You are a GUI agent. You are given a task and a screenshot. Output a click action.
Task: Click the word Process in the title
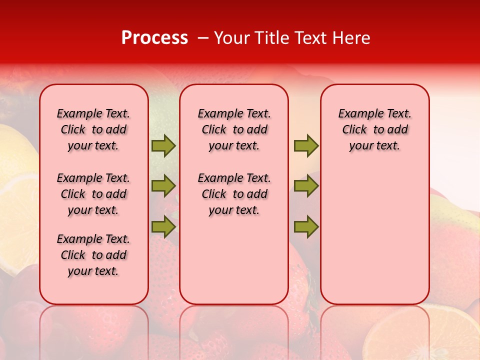(154, 38)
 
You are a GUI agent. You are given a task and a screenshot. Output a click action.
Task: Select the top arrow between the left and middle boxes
(163, 145)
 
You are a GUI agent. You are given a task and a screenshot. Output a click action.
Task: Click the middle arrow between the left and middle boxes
(163, 186)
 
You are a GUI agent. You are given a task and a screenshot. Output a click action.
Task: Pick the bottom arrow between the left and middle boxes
(163, 227)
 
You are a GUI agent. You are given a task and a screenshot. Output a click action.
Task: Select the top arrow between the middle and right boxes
(306, 145)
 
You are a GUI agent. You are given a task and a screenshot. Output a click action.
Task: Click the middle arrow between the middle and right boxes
(306, 186)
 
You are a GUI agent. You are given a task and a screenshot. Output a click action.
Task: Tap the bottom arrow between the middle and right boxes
(306, 227)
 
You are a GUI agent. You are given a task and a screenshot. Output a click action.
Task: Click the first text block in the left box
(93, 129)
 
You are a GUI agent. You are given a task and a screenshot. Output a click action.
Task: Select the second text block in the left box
(93, 194)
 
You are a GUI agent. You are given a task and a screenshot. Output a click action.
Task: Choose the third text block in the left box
(93, 255)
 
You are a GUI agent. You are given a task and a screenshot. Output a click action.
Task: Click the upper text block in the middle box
(234, 129)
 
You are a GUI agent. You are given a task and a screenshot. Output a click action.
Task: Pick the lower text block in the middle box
(234, 194)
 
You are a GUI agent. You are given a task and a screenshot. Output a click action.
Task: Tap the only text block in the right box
(374, 129)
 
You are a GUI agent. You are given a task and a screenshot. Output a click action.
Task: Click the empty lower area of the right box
(374, 235)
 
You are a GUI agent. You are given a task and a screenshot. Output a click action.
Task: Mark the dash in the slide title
(202, 38)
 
